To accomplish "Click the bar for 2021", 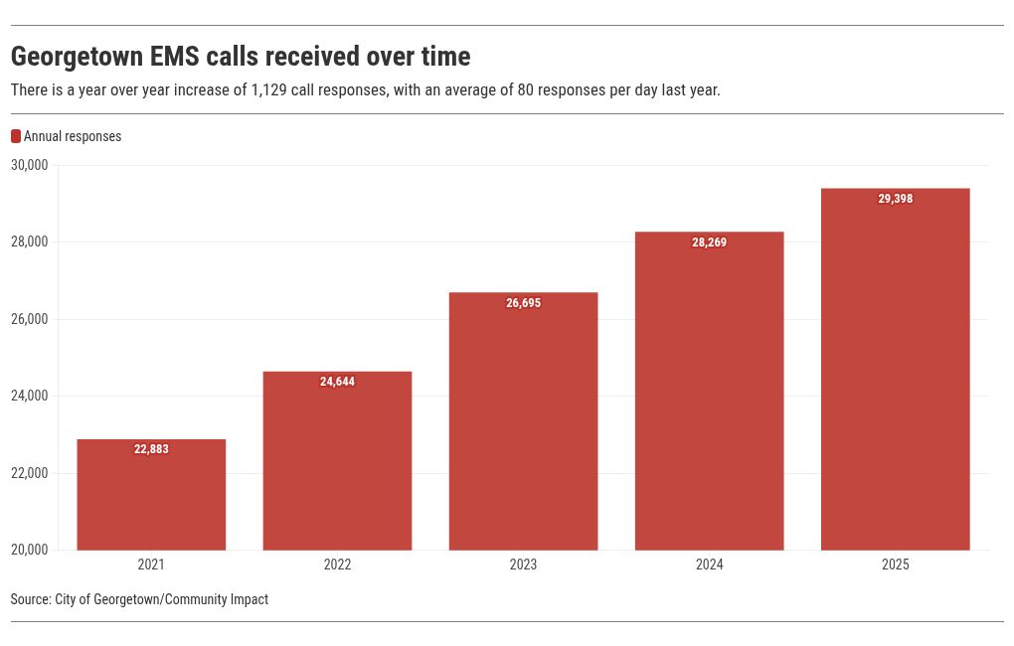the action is pos(151,495).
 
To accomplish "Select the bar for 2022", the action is pos(337,461).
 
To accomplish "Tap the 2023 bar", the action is pos(523,421).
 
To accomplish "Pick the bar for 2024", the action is pos(710,392).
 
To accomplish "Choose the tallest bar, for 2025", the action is pos(895,370).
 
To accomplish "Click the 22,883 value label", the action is pos(151,449).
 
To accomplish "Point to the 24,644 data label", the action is pos(337,382).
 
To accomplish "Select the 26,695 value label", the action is pos(523,303).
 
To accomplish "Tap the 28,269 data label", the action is pos(710,242).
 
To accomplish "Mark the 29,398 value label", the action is pos(895,199).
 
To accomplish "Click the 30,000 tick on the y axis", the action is pos(30,165).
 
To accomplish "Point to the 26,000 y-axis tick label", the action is pos(30,319).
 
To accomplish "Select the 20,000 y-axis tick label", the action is pos(30,550).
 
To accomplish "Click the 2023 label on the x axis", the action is pos(523,565).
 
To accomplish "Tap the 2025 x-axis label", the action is pos(895,565).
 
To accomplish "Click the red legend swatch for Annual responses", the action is pos(16,136).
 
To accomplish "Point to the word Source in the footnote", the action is pos(31,599).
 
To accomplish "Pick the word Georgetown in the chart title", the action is pos(77,58).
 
